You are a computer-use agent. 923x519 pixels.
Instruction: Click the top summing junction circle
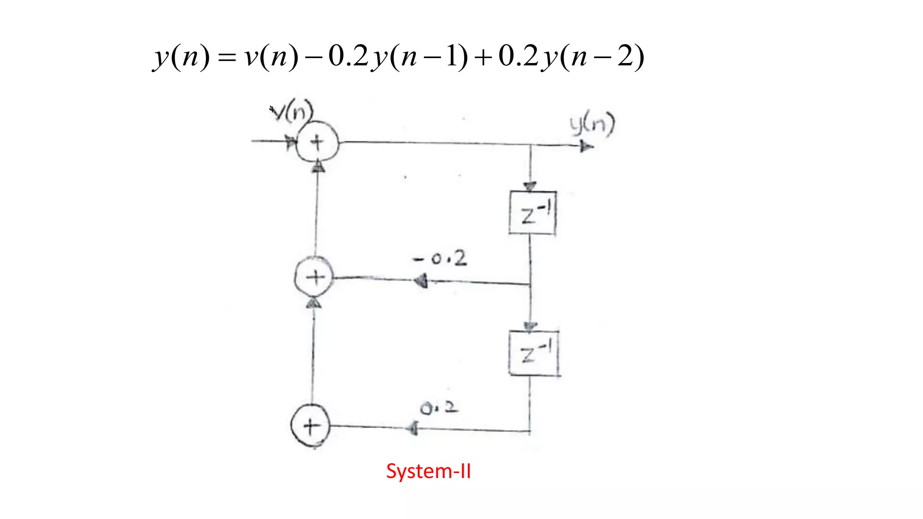point(317,142)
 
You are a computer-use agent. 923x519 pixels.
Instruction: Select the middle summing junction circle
point(314,277)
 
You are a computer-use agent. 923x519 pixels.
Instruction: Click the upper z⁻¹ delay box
point(532,213)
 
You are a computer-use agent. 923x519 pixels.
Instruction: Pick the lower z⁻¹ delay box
point(534,353)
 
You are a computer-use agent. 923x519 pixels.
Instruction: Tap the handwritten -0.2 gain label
point(440,259)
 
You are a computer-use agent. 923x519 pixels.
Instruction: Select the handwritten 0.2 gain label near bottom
point(439,408)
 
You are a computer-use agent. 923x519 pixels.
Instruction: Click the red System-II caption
point(428,471)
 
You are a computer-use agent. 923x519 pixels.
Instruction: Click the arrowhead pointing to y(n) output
point(586,146)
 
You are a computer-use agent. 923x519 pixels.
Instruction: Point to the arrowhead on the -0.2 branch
point(421,281)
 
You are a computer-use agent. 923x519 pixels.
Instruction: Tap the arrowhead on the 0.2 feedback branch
point(412,428)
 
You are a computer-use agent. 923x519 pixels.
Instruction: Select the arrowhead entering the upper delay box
point(530,187)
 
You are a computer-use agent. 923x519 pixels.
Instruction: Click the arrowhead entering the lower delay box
point(530,327)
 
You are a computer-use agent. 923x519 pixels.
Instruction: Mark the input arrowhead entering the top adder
point(291,142)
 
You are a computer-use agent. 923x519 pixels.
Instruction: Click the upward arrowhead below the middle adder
point(314,303)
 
